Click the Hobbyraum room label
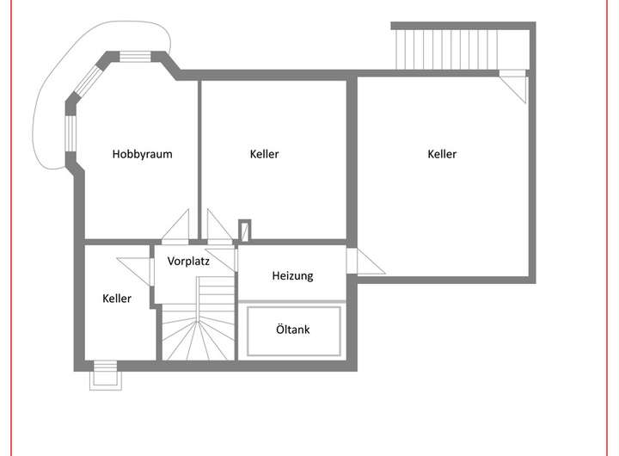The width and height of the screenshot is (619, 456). click(x=143, y=155)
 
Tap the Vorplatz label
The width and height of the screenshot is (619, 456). click(x=188, y=261)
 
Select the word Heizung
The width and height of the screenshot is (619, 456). click(x=292, y=276)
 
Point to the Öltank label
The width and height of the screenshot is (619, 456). click(x=293, y=330)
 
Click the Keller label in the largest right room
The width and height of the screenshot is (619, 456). click(x=442, y=155)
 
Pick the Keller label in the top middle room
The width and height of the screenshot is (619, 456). click(x=265, y=155)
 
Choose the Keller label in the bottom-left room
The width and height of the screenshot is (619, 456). click(x=117, y=299)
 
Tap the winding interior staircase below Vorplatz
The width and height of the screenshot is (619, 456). click(x=197, y=327)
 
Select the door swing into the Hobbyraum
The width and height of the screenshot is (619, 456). click(x=177, y=227)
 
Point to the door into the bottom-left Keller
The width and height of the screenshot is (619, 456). click(x=136, y=268)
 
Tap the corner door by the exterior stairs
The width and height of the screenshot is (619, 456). click(x=515, y=84)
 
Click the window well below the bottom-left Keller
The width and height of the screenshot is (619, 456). click(x=103, y=375)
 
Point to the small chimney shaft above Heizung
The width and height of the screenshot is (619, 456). click(x=244, y=230)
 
